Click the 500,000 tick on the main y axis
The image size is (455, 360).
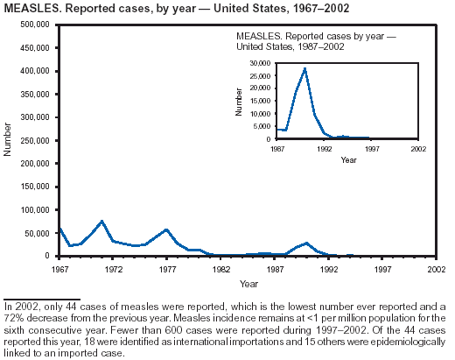tap(35, 25)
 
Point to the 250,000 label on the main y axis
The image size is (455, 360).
tap(35, 140)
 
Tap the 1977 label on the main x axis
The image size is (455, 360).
tap(167, 269)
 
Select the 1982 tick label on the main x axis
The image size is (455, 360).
tap(220, 269)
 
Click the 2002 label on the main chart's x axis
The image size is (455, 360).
tap(437, 269)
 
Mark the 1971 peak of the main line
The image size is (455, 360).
tap(101, 221)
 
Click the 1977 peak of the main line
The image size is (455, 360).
tap(166, 229)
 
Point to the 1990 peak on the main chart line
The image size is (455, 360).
tap(306, 243)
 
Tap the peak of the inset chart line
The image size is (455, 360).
tap(304, 68)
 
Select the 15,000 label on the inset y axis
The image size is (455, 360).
tap(260, 101)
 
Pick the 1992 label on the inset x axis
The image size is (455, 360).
tap(325, 149)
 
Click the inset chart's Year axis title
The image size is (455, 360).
tap(348, 160)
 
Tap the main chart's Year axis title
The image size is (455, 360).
tap(248, 284)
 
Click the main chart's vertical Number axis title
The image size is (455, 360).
tap(7, 139)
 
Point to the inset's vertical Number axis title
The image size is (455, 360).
tap(239, 102)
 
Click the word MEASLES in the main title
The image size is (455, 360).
tap(32, 9)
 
